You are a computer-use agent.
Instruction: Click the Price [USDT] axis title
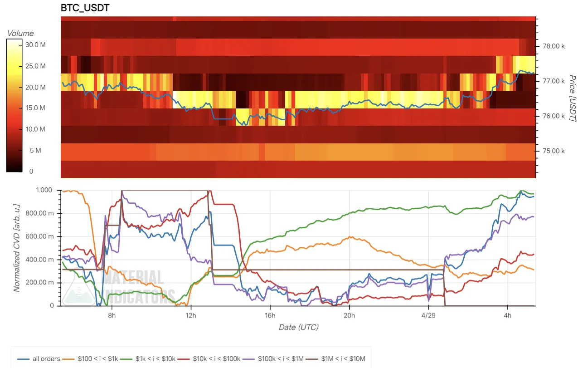571,98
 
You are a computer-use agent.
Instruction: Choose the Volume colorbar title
20,33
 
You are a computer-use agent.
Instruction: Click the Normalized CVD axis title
16,248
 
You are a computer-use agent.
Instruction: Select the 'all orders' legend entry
39,359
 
